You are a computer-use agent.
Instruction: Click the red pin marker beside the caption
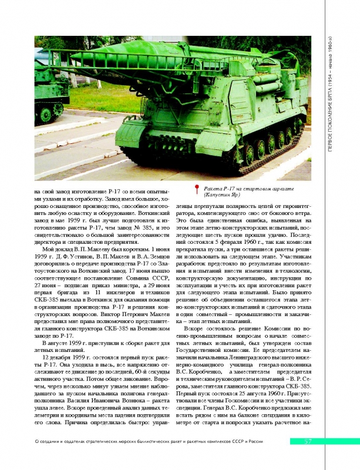coord(197,188)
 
